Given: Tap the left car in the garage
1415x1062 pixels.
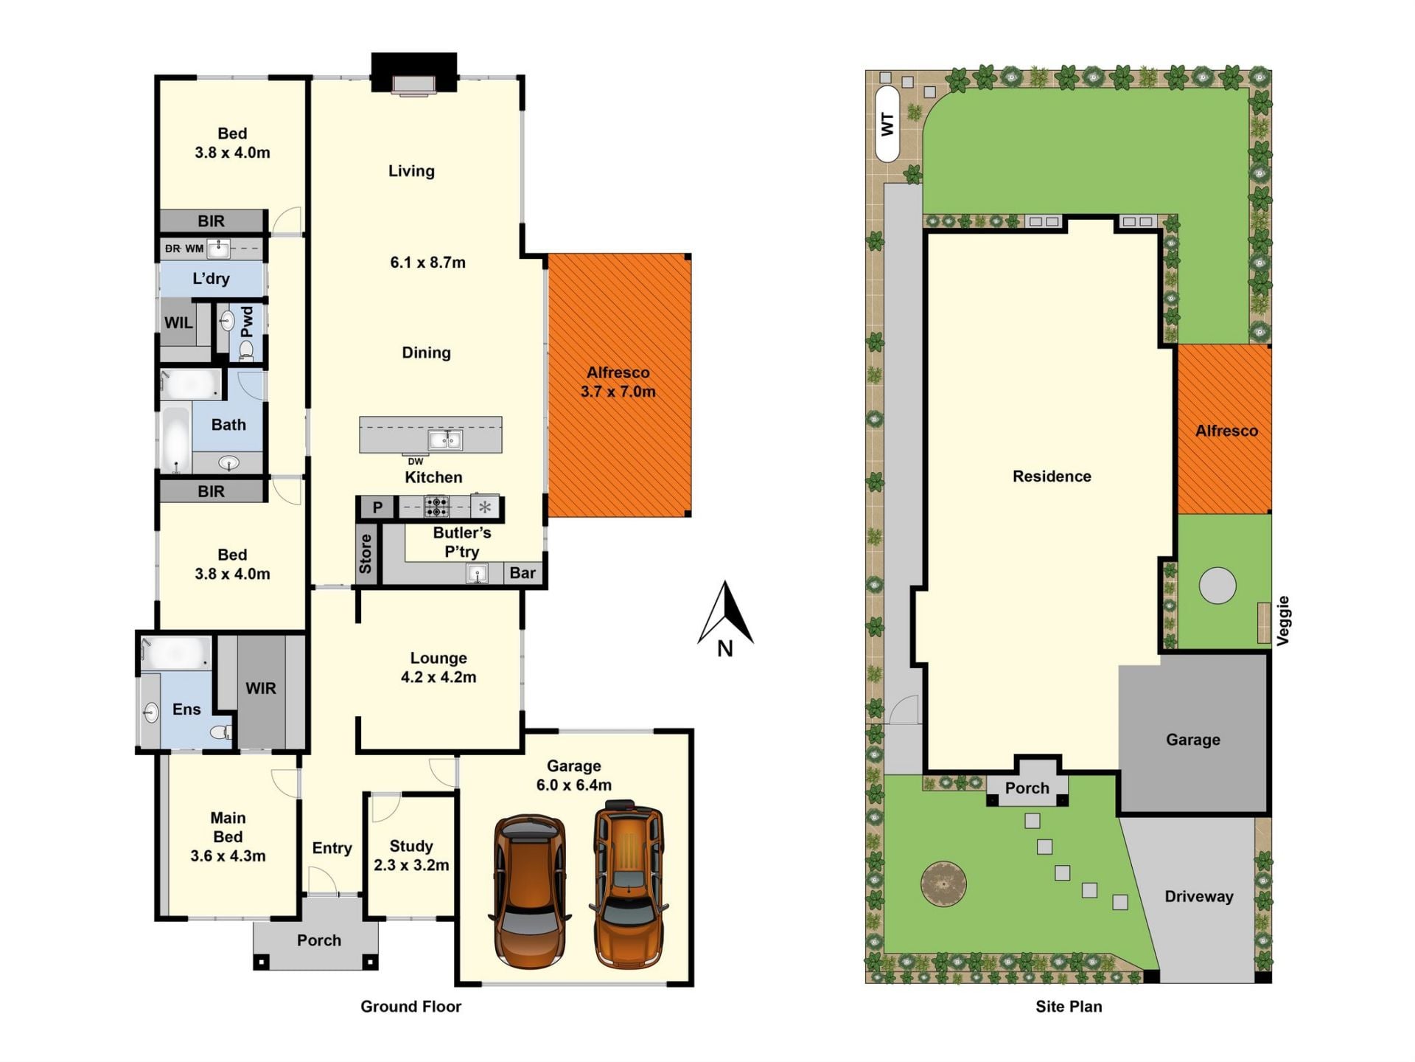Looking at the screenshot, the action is point(529,891).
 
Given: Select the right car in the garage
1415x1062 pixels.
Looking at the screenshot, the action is point(629,884).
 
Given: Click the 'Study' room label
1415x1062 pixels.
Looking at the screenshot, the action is point(411,846).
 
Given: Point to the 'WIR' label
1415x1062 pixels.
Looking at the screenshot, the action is point(261,688).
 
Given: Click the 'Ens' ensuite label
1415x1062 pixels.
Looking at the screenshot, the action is point(186,709).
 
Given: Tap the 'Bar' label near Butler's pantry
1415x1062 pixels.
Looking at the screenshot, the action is point(523,573).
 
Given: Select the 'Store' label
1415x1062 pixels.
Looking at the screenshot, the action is point(366,554).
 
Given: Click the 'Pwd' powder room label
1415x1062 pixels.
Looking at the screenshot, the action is point(247,322).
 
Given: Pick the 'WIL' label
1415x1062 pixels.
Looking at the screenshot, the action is point(178,322).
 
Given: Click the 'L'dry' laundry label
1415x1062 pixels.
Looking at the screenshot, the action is point(211,279).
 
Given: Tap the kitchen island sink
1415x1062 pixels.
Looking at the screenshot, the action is point(445,440).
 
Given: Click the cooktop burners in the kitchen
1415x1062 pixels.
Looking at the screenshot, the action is point(436,507).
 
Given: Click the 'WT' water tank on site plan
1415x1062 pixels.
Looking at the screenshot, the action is point(887,124).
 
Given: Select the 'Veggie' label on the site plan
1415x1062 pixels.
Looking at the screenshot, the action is point(1283,621).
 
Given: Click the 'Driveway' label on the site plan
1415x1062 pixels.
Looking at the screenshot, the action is point(1199,896).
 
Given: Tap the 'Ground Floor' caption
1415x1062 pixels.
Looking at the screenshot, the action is point(410,1006).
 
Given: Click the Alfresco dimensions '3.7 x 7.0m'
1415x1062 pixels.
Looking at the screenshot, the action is point(618,392).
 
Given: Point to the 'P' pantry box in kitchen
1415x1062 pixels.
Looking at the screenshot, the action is point(377,507).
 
